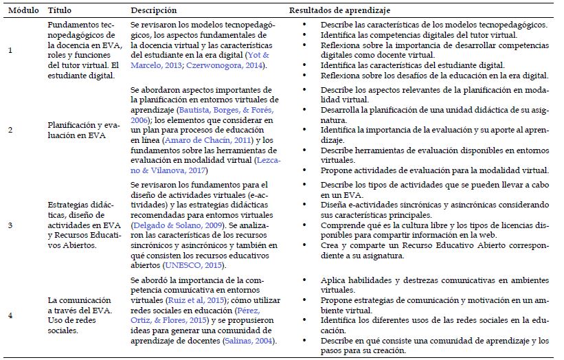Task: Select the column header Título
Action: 59,10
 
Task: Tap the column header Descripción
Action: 153,10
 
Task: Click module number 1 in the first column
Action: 10,49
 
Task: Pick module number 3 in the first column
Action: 10,223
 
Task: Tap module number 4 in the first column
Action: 10,314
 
